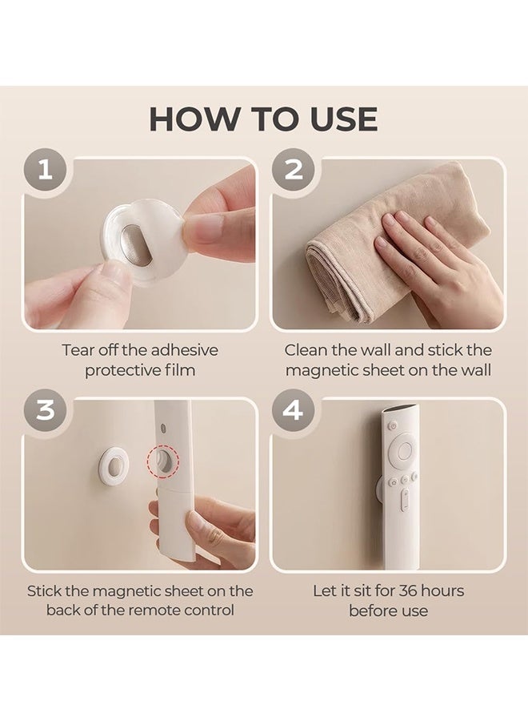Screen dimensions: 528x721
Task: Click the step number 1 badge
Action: (x=45, y=170)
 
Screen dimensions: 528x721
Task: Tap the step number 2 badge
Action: (x=294, y=170)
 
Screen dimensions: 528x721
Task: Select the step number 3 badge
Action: (x=45, y=409)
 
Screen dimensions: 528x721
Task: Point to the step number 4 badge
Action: (x=294, y=409)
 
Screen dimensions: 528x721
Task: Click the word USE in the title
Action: (x=344, y=119)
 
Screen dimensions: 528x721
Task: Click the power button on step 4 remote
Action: (x=392, y=425)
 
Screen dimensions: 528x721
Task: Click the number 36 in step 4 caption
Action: (x=408, y=590)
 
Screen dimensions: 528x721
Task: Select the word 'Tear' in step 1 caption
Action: (x=78, y=350)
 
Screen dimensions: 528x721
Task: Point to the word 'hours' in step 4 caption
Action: (x=442, y=590)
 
